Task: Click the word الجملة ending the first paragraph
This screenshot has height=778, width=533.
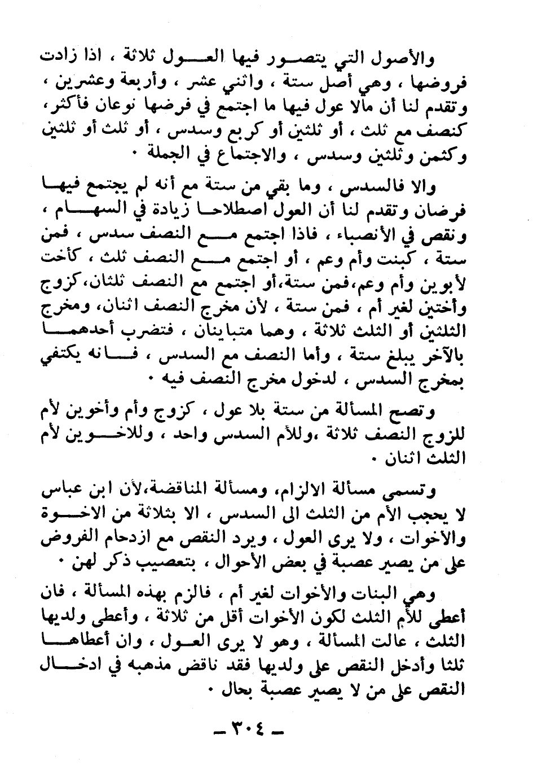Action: [x=170, y=153]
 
